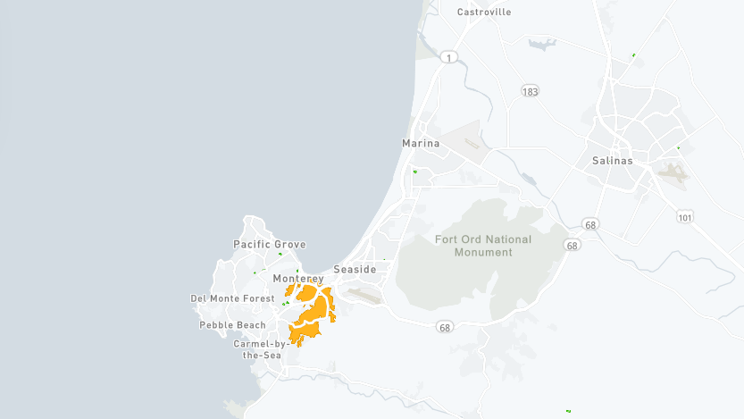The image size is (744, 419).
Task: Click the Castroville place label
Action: [484, 13]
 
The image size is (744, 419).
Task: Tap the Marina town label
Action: [421, 143]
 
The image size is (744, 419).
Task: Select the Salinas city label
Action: [612, 161]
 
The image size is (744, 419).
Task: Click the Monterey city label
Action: [298, 279]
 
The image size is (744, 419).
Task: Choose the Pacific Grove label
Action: [269, 245]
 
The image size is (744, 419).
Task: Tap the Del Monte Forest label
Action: [233, 298]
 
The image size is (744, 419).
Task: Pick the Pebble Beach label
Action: [232, 325]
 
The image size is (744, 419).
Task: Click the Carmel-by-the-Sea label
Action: [257, 349]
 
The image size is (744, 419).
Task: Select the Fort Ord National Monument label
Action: [483, 246]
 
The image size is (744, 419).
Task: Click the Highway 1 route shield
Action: [448, 56]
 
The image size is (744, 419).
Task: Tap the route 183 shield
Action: [531, 91]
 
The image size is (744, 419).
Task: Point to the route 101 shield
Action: [685, 217]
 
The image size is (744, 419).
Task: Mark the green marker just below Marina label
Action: [415, 171]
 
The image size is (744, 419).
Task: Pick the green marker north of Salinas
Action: [633, 55]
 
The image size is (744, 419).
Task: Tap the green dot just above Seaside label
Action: [384, 260]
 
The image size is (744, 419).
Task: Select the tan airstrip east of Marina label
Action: [471, 142]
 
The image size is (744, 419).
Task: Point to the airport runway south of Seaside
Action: [364, 293]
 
